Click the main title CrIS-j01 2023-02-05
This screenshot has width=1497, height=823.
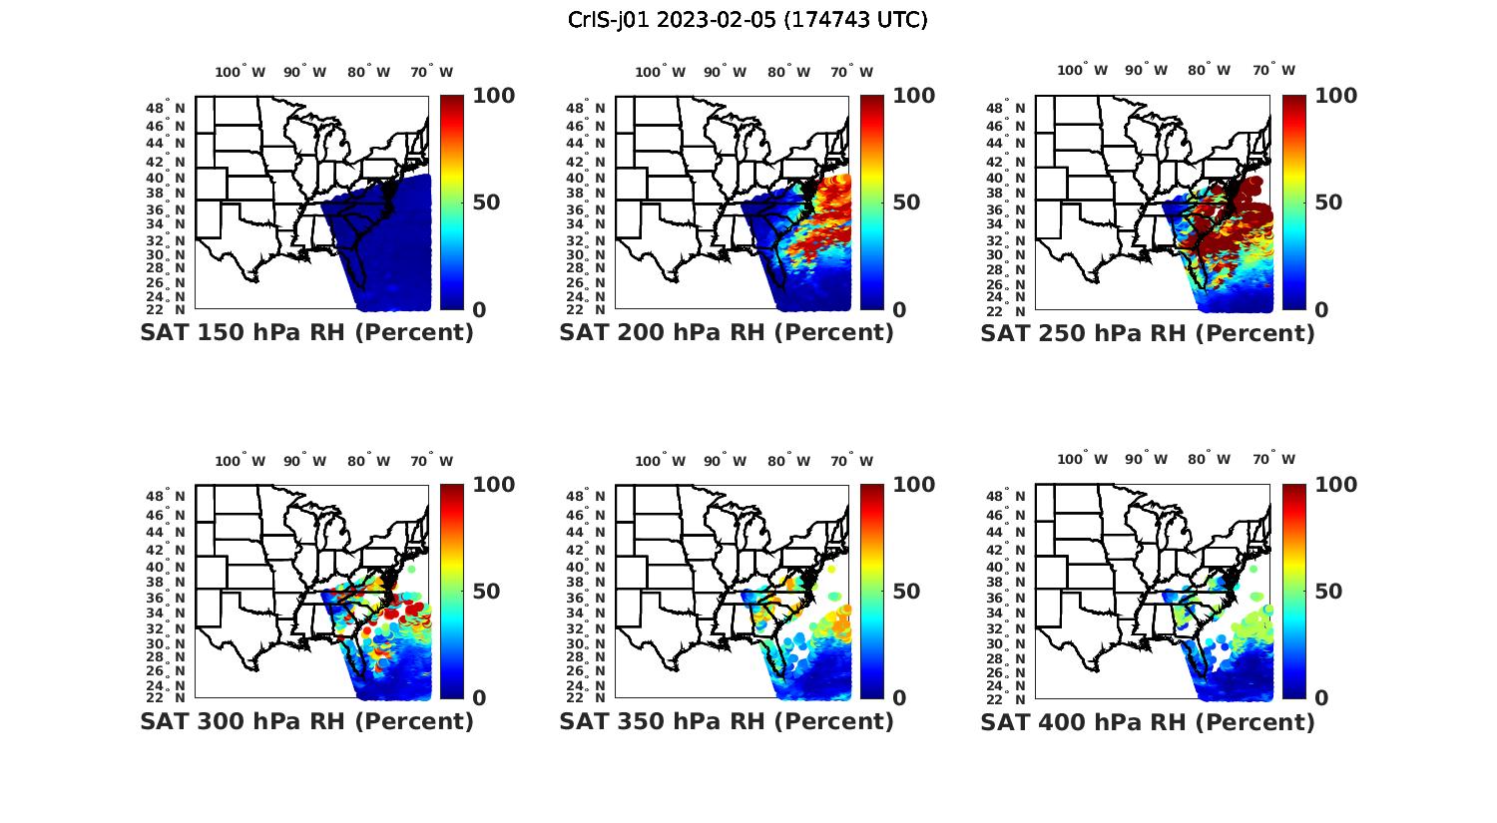click(x=748, y=20)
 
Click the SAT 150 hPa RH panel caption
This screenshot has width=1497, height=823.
click(x=306, y=333)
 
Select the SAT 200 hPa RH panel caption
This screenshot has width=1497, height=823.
click(x=727, y=333)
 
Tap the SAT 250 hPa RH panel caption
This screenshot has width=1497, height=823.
click(x=1148, y=333)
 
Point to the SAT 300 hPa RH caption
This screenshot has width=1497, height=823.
click(x=306, y=721)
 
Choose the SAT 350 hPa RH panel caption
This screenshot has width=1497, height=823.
click(x=727, y=721)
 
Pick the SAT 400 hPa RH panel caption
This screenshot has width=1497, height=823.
click(x=1148, y=721)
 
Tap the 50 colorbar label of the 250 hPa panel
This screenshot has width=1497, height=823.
click(x=1328, y=203)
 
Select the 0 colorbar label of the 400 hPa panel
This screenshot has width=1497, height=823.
click(x=1321, y=698)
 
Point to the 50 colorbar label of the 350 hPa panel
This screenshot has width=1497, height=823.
click(x=906, y=592)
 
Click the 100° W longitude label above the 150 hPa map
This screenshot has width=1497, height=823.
click(x=241, y=72)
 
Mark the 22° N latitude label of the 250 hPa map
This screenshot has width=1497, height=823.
click(x=1015, y=309)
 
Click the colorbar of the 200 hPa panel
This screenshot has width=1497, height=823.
click(x=872, y=203)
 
